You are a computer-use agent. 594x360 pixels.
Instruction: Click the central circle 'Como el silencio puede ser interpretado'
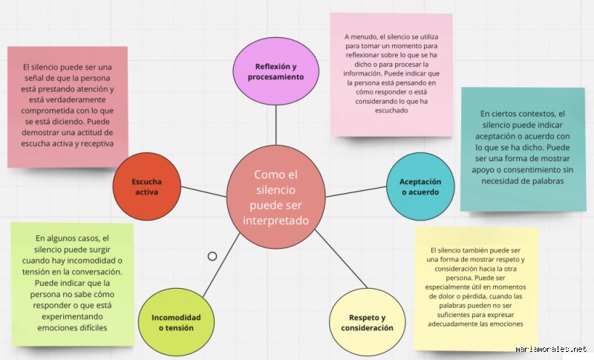275,197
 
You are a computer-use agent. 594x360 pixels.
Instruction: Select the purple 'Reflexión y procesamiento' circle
275,71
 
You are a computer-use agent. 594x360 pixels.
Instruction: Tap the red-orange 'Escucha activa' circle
146,186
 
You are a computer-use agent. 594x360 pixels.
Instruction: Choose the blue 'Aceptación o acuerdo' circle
420,186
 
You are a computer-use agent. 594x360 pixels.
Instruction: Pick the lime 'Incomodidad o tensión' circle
176,322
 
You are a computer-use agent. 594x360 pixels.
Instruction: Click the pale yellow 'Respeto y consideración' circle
367,322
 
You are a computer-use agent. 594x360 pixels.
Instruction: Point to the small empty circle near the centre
212,256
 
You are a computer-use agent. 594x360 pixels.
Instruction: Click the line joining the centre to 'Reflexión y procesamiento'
275,125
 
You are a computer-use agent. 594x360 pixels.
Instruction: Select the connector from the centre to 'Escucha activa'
203,192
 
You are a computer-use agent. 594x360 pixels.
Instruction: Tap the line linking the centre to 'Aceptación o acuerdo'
356,192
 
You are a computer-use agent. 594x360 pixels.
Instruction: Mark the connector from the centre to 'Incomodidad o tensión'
221,265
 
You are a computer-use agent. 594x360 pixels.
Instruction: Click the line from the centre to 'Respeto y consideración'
341,259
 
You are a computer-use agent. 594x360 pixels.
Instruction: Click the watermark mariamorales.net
551,349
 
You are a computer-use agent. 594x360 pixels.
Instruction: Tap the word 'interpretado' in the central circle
275,220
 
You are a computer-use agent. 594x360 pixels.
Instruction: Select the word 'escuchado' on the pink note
391,111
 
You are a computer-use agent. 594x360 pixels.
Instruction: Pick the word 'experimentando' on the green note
72,316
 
